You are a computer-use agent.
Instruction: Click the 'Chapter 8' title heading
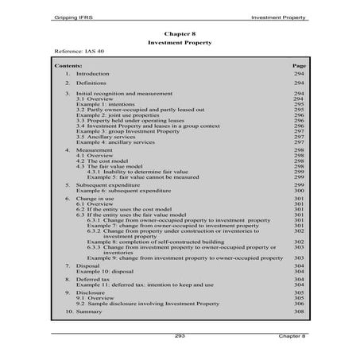click(x=180, y=35)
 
